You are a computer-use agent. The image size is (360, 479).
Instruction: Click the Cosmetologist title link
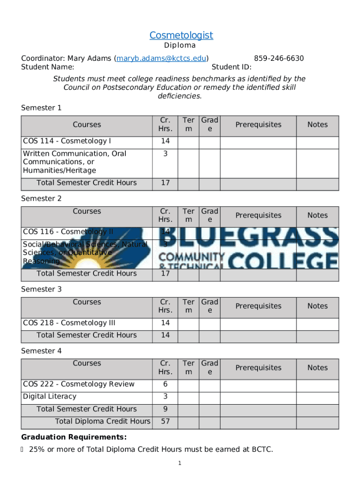tap(181, 35)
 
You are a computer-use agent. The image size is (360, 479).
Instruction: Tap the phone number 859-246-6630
tap(279, 58)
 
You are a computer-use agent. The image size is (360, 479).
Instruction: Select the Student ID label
tap(231, 67)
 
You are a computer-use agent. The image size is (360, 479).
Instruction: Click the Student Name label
tap(48, 67)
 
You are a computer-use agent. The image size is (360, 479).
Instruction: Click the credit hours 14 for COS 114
tap(165, 141)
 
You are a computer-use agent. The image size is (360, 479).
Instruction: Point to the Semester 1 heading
tap(41, 108)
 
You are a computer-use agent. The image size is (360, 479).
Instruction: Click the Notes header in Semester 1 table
tap(317, 124)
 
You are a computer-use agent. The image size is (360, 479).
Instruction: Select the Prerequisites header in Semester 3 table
tap(259, 306)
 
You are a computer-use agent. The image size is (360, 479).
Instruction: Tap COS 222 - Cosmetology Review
tap(79, 384)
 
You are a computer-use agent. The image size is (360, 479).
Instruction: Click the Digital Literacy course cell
tap(50, 396)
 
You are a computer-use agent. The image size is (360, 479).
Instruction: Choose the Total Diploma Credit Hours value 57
tap(165, 421)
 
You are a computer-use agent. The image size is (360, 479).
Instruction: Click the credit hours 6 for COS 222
tap(165, 384)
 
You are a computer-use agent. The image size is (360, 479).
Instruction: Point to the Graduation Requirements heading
tap(74, 437)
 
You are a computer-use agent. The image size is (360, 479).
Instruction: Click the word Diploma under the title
tap(180, 46)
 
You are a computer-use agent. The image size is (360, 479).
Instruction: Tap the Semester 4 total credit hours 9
tap(165, 409)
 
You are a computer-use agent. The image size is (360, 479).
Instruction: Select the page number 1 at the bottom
tap(179, 463)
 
